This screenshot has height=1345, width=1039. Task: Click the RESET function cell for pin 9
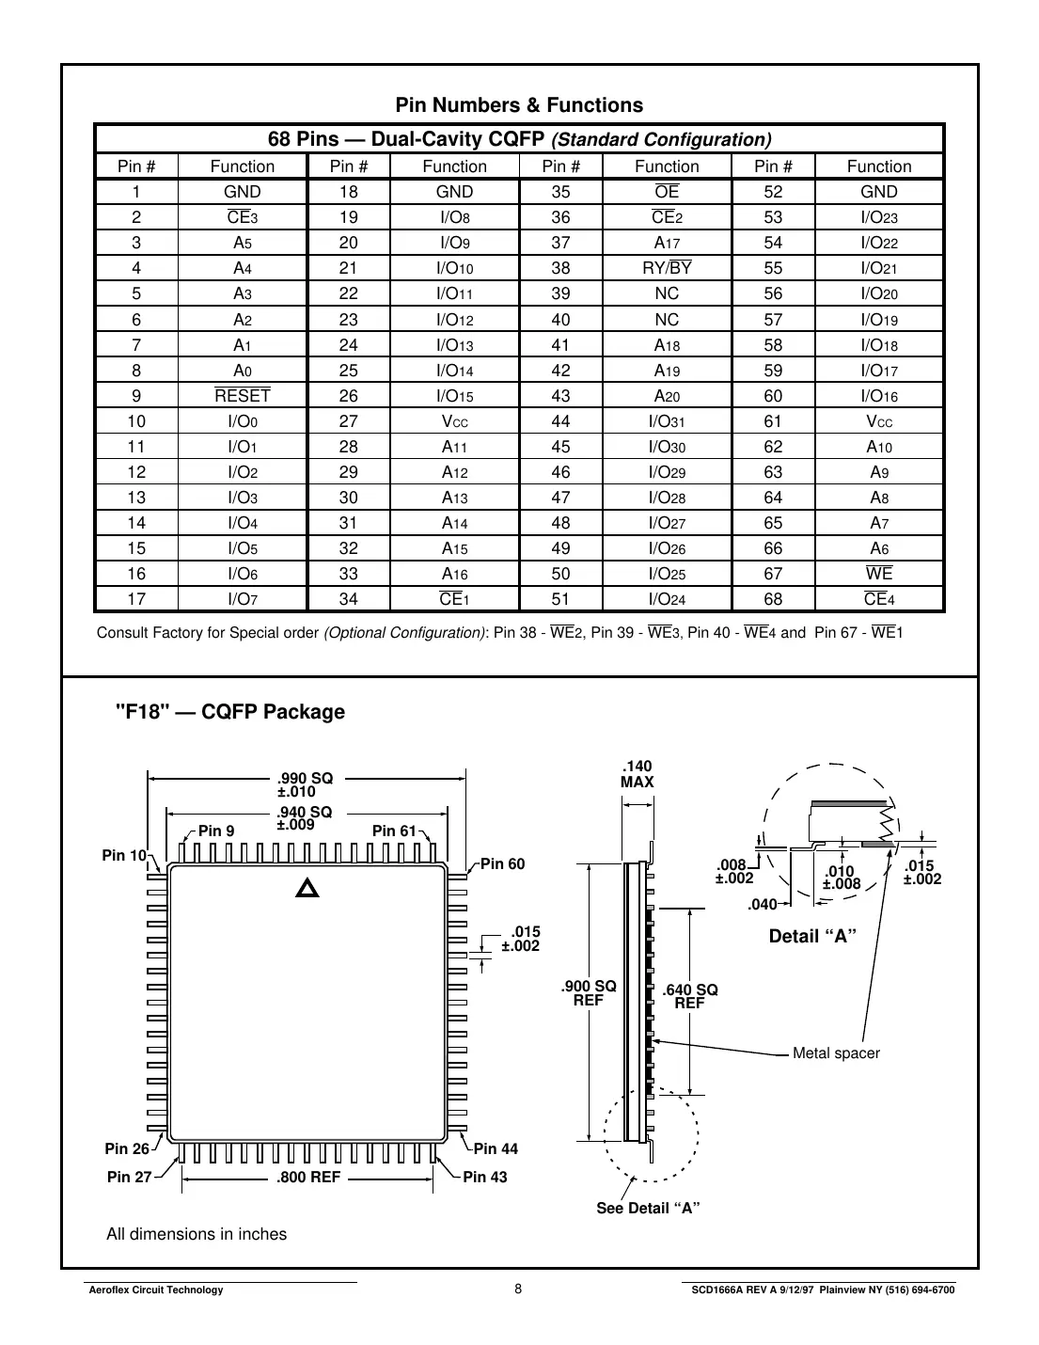(243, 396)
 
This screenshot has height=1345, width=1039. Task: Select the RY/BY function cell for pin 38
(667, 268)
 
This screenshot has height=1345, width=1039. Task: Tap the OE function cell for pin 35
(667, 192)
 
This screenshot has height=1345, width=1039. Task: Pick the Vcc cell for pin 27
(454, 421)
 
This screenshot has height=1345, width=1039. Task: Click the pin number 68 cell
(773, 599)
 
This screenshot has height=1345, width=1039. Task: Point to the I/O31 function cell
(667, 421)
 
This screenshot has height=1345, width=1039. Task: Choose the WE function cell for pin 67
(879, 574)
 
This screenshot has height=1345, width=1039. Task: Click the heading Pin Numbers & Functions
(519, 105)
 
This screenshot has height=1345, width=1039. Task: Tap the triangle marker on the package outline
(308, 887)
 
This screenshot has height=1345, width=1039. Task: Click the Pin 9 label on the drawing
(216, 831)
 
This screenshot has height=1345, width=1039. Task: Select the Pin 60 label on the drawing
(503, 864)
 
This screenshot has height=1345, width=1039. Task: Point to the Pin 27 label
(129, 1177)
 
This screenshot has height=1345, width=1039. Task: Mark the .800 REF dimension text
(308, 1177)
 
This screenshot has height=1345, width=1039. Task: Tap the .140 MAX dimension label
(638, 774)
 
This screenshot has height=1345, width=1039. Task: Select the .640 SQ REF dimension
(690, 996)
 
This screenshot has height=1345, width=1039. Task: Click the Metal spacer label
(836, 1053)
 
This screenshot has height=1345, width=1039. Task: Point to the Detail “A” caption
(812, 936)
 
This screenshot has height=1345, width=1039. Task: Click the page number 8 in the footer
(519, 1289)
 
